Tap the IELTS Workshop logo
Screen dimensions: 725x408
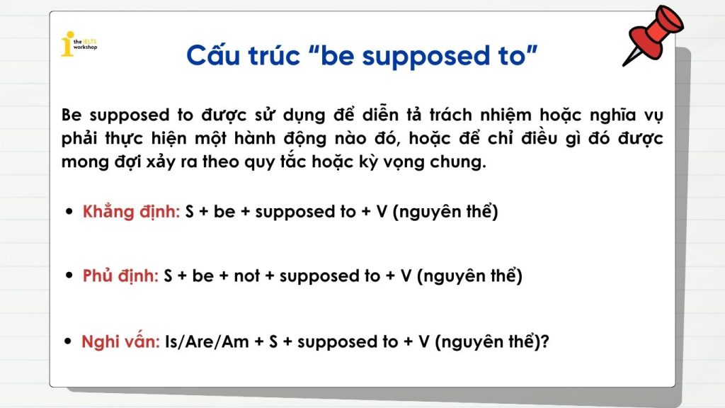[x=79, y=44]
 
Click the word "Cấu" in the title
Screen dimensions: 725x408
[x=213, y=55]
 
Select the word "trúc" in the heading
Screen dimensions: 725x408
[x=275, y=55]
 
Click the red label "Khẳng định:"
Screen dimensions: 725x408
[x=131, y=211]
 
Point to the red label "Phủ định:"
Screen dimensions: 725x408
[x=120, y=276]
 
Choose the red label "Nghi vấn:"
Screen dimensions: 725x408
[x=120, y=341]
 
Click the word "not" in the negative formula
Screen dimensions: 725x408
[x=247, y=276]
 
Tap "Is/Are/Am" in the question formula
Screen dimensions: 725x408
[x=207, y=342]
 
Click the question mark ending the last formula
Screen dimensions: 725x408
[x=544, y=341]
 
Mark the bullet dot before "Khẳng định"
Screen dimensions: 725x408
[x=69, y=212]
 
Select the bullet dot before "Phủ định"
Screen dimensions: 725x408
[x=69, y=276]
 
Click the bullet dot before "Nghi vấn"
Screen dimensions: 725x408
[x=69, y=341]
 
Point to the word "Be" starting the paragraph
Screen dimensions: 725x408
[x=72, y=115]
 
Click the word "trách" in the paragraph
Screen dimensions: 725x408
[x=450, y=114]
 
